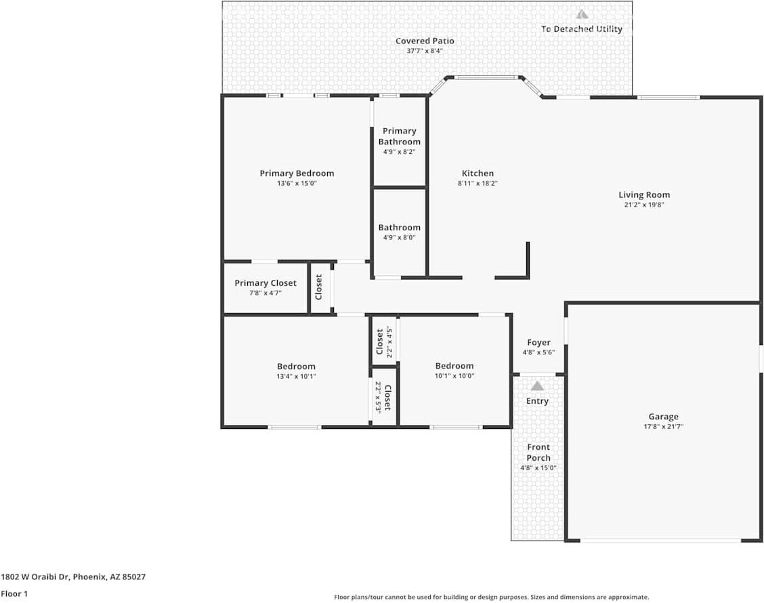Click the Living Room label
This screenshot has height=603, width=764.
(x=643, y=194)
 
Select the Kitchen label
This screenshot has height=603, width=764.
(x=477, y=173)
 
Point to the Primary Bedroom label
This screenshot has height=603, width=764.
(x=297, y=173)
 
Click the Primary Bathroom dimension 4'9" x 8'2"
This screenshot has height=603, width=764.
(x=399, y=152)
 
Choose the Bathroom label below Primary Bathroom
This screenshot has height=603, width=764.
(x=399, y=228)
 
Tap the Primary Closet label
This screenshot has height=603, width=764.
(x=266, y=283)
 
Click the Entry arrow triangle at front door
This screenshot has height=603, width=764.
(x=537, y=386)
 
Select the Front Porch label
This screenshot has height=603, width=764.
(x=538, y=452)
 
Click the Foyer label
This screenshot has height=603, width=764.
(x=538, y=343)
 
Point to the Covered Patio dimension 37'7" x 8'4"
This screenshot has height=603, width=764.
(x=425, y=51)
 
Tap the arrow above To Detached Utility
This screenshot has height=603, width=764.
(x=582, y=14)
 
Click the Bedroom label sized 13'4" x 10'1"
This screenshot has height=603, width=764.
(x=296, y=367)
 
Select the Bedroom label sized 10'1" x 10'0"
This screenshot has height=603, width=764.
(x=454, y=366)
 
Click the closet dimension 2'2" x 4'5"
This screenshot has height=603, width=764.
(x=390, y=342)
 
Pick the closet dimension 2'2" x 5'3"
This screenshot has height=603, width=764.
(x=378, y=397)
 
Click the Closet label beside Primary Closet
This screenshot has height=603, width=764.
(x=319, y=287)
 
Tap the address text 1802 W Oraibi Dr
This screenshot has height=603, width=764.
(x=73, y=577)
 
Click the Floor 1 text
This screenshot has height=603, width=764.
(x=14, y=594)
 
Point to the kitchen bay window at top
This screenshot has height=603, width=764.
(x=485, y=77)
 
